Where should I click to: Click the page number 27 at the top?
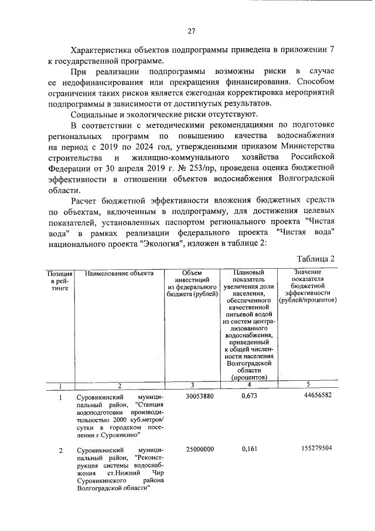191,31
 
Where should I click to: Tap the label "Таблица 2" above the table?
315,259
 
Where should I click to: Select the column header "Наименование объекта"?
119,273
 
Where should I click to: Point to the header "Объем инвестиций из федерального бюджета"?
192,284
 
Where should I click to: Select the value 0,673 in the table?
250,397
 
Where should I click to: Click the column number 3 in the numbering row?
192,385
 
